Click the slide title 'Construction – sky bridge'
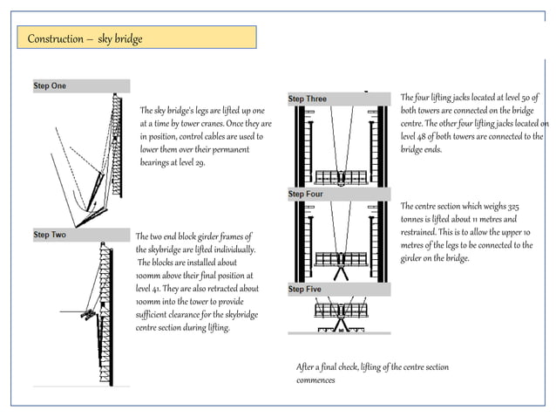(x=85, y=39)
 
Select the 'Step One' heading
(x=50, y=86)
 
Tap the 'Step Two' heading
(x=50, y=235)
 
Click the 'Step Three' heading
(x=308, y=99)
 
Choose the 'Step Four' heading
(x=305, y=194)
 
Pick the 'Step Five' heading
(x=305, y=289)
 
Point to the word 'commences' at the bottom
(x=315, y=380)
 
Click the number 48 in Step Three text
(x=428, y=137)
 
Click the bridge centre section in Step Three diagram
(x=341, y=174)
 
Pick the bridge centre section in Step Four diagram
(x=341, y=259)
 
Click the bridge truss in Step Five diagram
(x=341, y=310)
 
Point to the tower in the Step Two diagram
(x=106, y=305)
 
